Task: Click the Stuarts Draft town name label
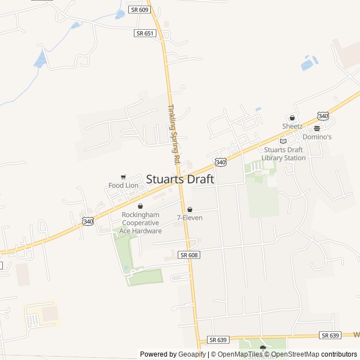[180, 179]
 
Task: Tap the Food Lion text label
[123, 186]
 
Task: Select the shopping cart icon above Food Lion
[123, 177]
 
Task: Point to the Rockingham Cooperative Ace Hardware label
[141, 223]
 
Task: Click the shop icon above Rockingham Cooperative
[140, 206]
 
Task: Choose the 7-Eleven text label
[190, 218]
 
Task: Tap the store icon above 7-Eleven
[190, 209]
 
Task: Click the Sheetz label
[292, 127]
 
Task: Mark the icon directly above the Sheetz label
[292, 118]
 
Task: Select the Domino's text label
[317, 137]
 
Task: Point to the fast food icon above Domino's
[317, 128]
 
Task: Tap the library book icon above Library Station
[283, 141]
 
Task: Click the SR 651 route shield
[145, 33]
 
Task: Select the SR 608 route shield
[190, 255]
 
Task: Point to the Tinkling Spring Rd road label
[173, 134]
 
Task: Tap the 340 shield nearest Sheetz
[323, 116]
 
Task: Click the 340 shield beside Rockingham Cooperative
[88, 222]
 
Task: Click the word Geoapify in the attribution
[192, 354]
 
